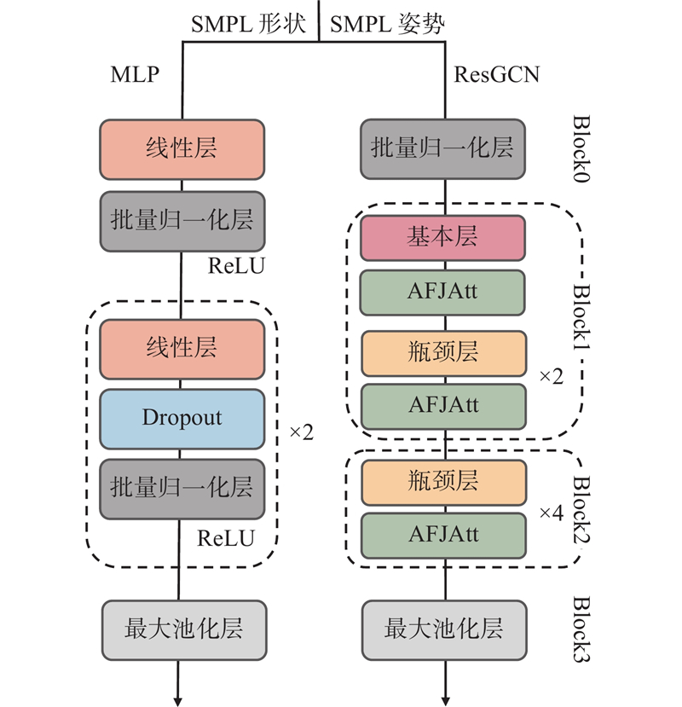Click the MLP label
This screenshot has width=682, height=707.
point(135,74)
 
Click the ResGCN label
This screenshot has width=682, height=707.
point(496,74)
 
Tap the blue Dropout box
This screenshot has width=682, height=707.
point(182,419)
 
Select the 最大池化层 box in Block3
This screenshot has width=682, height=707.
point(443,630)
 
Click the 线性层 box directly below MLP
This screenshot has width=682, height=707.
point(182,149)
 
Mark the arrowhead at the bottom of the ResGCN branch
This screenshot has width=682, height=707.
point(445,696)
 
